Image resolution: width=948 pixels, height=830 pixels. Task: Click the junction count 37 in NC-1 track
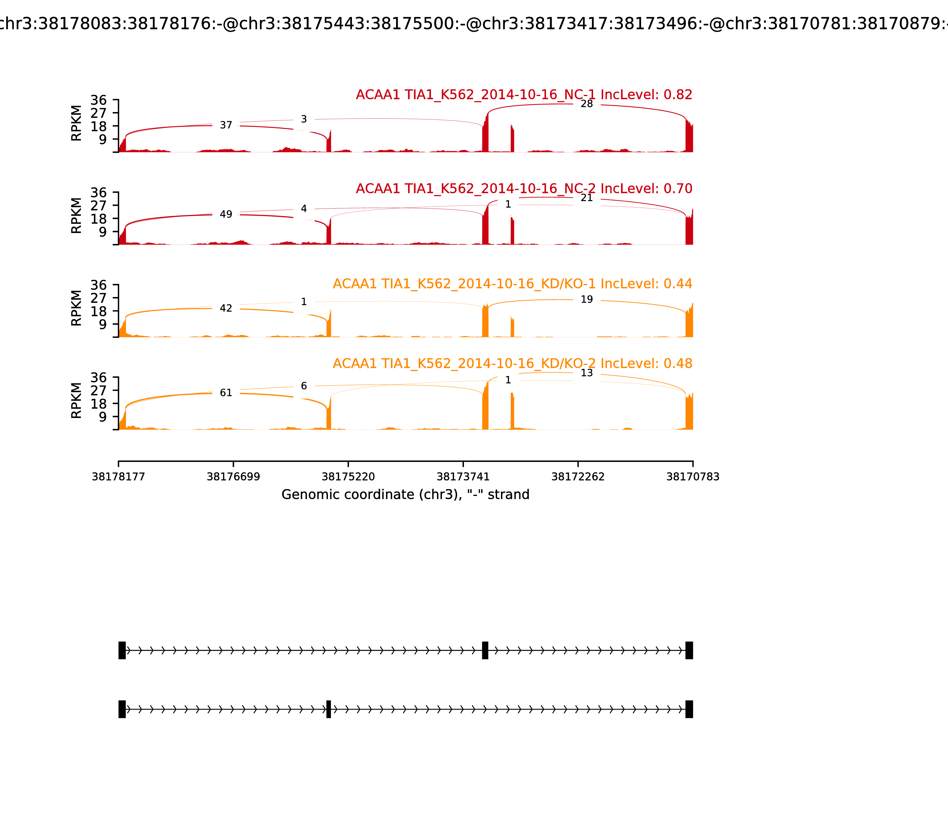[x=226, y=125]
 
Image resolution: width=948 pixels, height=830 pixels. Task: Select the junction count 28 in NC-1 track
[x=587, y=104]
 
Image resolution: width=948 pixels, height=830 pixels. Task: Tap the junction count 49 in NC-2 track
[x=226, y=214]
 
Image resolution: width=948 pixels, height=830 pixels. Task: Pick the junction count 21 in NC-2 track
[x=587, y=198]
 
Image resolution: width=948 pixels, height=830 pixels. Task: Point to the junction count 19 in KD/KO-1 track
[x=587, y=300]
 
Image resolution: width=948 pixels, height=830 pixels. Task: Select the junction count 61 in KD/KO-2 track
[x=226, y=393]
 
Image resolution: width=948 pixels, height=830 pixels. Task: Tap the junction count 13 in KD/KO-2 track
[x=587, y=373]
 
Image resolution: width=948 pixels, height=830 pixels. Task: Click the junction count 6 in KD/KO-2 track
[x=304, y=386]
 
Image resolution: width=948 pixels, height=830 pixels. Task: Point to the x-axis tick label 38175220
[x=348, y=477]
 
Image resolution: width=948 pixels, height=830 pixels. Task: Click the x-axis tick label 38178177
[x=118, y=477]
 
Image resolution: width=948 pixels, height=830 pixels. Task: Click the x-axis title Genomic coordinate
[x=405, y=495]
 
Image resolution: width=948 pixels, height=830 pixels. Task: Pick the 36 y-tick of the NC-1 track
[x=98, y=100]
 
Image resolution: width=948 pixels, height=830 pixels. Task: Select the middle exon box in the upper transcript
[x=485, y=650]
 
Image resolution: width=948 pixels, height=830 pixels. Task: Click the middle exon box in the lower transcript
[x=329, y=709]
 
